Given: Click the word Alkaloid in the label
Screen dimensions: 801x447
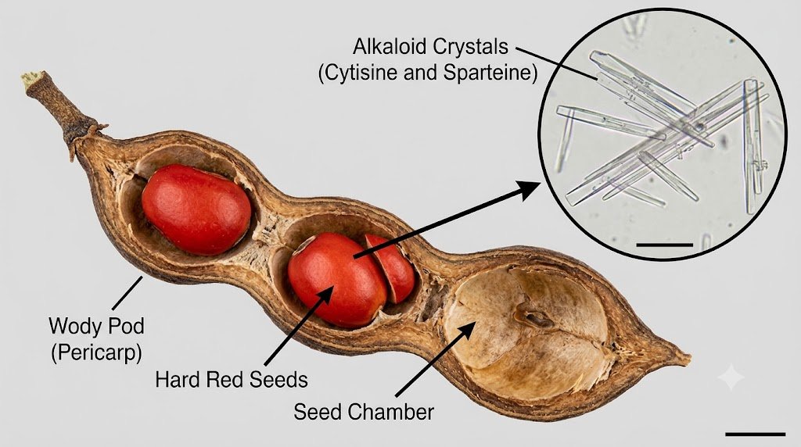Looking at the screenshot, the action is pos(390,47).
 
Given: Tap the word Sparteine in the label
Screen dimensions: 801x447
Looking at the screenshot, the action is pos(490,73).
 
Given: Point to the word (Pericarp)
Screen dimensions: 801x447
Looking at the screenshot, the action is pos(96,352).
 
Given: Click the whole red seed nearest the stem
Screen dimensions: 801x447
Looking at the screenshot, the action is pos(196,209).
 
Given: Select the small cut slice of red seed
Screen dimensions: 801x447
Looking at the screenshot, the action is pos(391,268).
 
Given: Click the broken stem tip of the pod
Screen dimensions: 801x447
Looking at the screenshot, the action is pos(31,80).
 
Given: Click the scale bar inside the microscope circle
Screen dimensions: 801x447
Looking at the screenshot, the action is pos(665,245).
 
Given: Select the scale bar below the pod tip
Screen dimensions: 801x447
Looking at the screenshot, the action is pos(755,434).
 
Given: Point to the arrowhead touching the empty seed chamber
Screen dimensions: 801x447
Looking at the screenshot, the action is pos(466,330).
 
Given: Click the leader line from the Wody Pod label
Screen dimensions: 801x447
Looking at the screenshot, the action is pos(127,293).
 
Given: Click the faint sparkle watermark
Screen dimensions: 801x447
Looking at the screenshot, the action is pos(731,377).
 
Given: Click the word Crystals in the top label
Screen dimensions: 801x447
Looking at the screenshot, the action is pos(470,47).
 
